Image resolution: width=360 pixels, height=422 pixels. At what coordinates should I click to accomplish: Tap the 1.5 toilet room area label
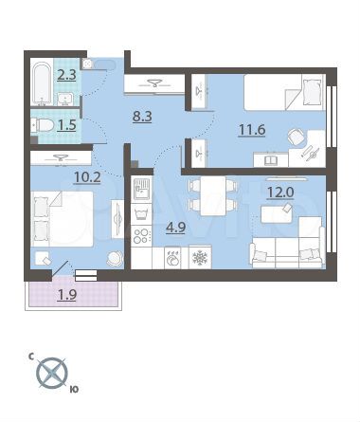(65, 125)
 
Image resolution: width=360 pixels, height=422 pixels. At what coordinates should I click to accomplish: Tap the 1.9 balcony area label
(66, 295)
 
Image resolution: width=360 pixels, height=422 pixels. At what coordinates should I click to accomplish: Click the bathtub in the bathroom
(42, 85)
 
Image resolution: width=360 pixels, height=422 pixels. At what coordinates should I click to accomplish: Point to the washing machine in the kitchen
(172, 256)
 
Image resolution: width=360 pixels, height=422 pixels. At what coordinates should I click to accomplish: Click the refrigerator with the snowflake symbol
(199, 256)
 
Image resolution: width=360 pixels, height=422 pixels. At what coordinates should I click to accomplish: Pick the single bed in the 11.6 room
(279, 93)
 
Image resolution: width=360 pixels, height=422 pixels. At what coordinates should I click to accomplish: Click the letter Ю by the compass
(75, 389)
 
